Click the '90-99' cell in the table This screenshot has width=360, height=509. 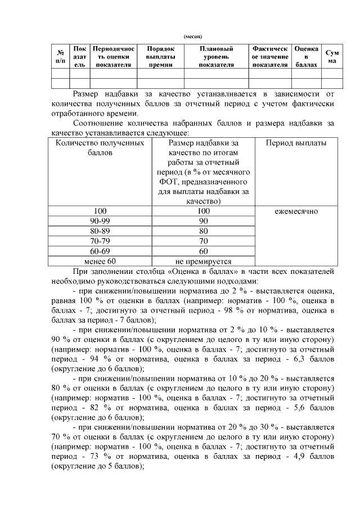[x=100, y=221]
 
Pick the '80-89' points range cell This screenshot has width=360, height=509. [x=100, y=231]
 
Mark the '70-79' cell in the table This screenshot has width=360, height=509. [x=100, y=241]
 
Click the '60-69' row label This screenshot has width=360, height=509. [x=100, y=251]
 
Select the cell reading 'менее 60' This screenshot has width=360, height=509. [x=100, y=261]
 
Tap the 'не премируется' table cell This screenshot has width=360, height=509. [x=204, y=261]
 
